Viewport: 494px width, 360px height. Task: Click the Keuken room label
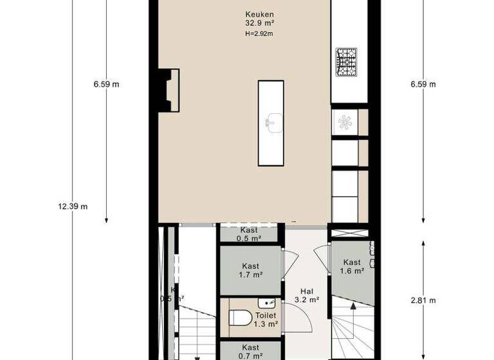point(259,15)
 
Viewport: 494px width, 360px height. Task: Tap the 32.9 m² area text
point(259,24)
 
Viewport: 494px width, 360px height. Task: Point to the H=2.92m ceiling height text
point(259,34)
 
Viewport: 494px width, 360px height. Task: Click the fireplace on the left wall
point(170,91)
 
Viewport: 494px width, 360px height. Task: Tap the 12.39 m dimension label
point(73,206)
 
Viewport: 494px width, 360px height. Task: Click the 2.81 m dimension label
point(423,300)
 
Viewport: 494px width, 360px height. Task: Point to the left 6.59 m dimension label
point(106,84)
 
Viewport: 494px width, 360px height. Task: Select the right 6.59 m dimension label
point(423,84)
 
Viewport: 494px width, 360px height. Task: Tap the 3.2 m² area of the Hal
point(306,300)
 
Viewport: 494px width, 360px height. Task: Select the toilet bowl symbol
point(239,318)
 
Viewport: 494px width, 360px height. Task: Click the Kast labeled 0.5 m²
point(249,234)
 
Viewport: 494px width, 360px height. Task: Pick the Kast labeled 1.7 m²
point(250,271)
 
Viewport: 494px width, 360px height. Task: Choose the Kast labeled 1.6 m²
point(352,266)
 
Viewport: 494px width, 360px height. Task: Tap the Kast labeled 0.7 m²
point(251,351)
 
